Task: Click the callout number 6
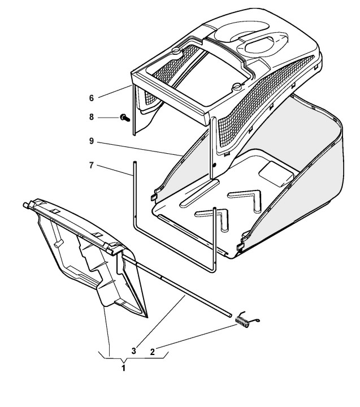[91, 97]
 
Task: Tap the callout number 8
[91, 118]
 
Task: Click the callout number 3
[133, 350]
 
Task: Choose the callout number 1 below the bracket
[124, 368]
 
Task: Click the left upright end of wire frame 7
[135, 192]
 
